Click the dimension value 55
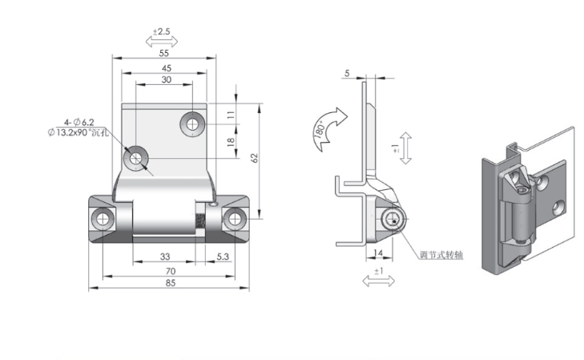click(x=164, y=53)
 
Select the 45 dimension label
click(x=167, y=68)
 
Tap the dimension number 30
click(x=167, y=79)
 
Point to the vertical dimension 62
click(x=255, y=158)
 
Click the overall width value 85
click(x=170, y=283)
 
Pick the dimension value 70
click(x=170, y=271)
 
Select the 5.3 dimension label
click(x=223, y=257)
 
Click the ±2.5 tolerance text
click(x=161, y=31)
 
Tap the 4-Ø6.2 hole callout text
click(x=79, y=122)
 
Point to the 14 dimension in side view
click(x=377, y=253)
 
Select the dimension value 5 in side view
click(x=347, y=73)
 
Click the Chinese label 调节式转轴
click(x=441, y=255)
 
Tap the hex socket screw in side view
click(x=391, y=219)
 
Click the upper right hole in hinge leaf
click(x=192, y=123)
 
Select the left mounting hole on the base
click(x=102, y=219)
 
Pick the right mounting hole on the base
click(x=235, y=219)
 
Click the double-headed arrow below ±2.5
click(x=162, y=42)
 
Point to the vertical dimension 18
click(x=231, y=142)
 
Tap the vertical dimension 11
click(x=231, y=115)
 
